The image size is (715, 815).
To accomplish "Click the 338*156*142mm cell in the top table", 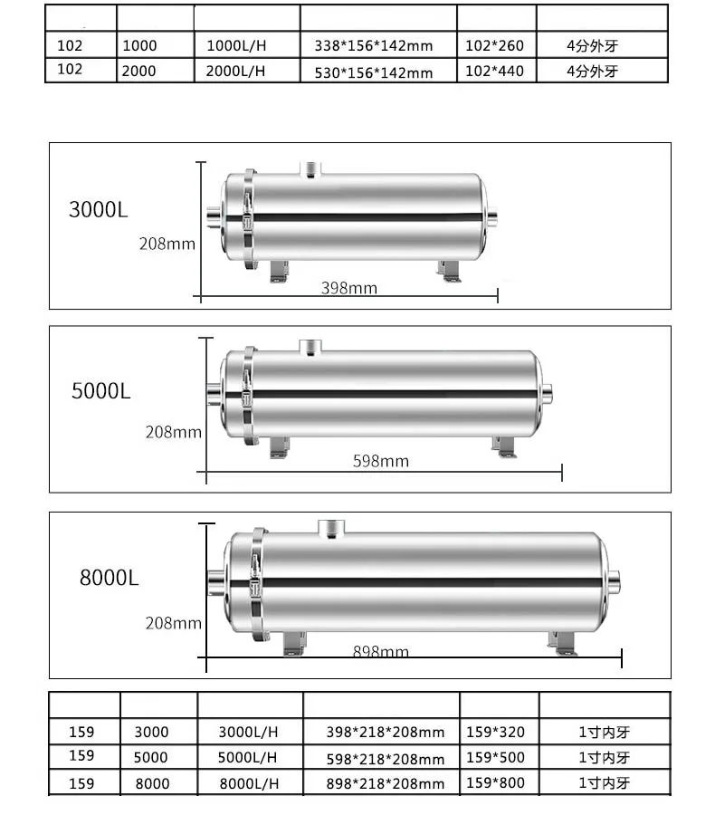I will pyautogui.click(x=374, y=45).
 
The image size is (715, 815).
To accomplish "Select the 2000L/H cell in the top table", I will pyautogui.click(x=236, y=72).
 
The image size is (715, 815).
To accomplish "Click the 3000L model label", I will pyautogui.click(x=99, y=210).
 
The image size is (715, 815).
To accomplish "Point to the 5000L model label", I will pyautogui.click(x=101, y=391).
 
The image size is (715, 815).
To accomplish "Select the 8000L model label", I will pyautogui.click(x=110, y=578).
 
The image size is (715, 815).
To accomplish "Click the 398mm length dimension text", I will pyautogui.click(x=349, y=288).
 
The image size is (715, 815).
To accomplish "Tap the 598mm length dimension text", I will pyautogui.click(x=380, y=461).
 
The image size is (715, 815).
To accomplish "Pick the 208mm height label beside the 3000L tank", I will pyautogui.click(x=167, y=243).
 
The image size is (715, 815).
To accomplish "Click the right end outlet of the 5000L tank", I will pyautogui.click(x=548, y=394).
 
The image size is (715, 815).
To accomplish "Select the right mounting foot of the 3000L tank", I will pyautogui.click(x=449, y=270).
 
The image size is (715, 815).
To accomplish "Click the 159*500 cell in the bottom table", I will pyautogui.click(x=494, y=757).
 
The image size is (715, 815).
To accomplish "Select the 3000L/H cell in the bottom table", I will pyautogui.click(x=248, y=732).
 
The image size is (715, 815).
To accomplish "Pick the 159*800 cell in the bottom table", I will pyautogui.click(x=494, y=783).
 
